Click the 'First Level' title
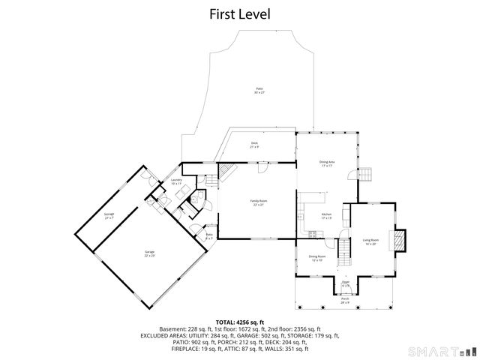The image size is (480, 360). click(240, 13)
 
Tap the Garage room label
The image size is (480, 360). click(150, 254)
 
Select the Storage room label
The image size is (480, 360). click(109, 215)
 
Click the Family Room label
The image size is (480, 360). click(259, 202)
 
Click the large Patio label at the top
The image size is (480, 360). click(259, 90)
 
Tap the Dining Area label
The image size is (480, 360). click(327, 163)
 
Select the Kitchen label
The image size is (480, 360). click(326, 216)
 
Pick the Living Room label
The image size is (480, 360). click(370, 241)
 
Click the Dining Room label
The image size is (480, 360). click(316, 258)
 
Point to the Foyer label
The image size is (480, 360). click(346, 284)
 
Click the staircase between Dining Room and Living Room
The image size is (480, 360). click(344, 251)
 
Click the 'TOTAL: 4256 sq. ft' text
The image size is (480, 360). click(239, 321)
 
